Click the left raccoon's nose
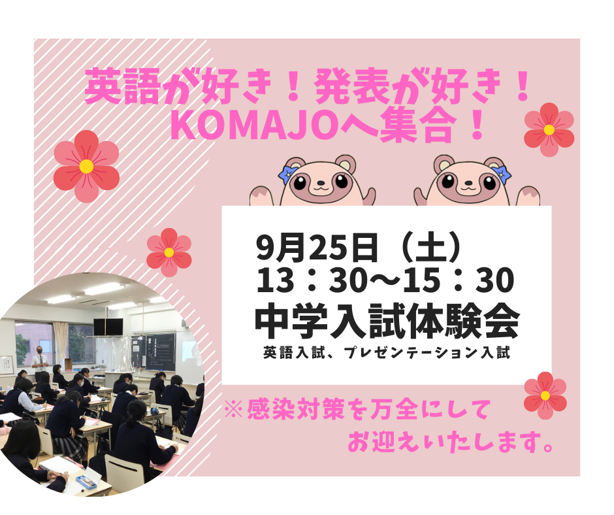tap(321, 182)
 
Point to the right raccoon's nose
tap(467, 182)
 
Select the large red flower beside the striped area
tap(86, 167)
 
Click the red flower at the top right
tap(549, 129)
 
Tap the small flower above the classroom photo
tap(169, 252)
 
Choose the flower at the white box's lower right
tap(545, 395)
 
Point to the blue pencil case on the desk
tap(87, 482)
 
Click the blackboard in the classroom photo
tap(155, 352)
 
